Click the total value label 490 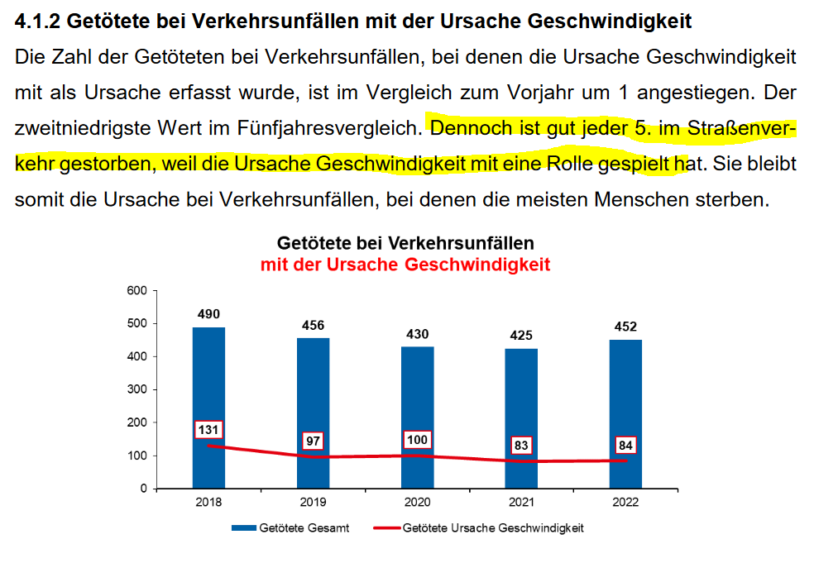pyautogui.click(x=208, y=314)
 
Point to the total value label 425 pyautogui.click(x=521, y=336)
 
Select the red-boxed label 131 pyautogui.click(x=208, y=430)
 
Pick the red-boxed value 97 pyautogui.click(x=313, y=441)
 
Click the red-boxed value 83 pyautogui.click(x=521, y=446)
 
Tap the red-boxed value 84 pyautogui.click(x=625, y=446)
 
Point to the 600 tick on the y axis pyautogui.click(x=136, y=291)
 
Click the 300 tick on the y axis pyautogui.click(x=136, y=389)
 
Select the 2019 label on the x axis pyautogui.click(x=313, y=502)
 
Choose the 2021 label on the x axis pyautogui.click(x=521, y=502)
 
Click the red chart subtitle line pyautogui.click(x=405, y=265)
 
